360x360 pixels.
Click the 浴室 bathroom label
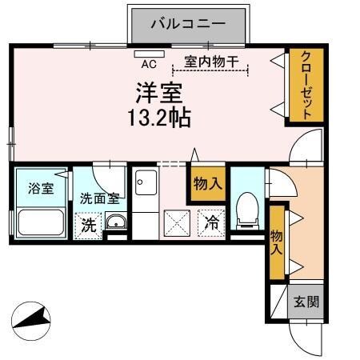42,189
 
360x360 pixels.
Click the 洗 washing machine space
89,226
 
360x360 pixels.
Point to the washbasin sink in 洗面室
116,223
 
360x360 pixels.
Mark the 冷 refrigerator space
212,223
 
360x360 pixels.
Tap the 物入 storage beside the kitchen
207,184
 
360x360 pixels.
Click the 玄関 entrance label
306,302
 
